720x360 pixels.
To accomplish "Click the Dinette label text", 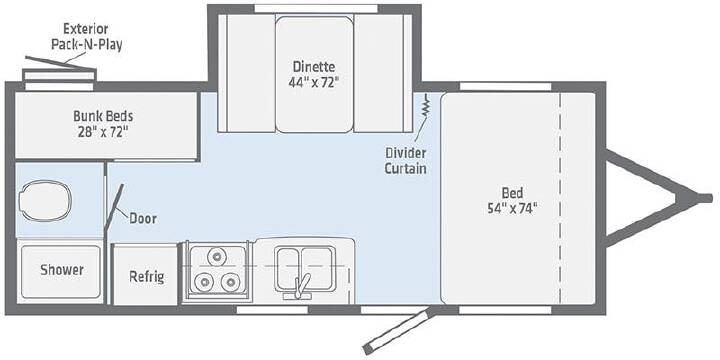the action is click(x=314, y=67).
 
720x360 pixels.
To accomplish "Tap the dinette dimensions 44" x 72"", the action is click(x=314, y=83).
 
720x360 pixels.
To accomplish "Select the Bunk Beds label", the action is click(x=103, y=116).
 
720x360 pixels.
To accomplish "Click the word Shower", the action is click(x=62, y=270).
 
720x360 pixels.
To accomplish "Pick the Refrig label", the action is click(x=146, y=277).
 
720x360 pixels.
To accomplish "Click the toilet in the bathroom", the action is click(x=45, y=201).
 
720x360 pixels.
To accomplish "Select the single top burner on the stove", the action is click(x=216, y=257).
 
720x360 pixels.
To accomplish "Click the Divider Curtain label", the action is click(x=405, y=161).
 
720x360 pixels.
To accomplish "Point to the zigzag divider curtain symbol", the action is click(x=426, y=106).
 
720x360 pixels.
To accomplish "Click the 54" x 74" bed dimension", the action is click(x=512, y=208).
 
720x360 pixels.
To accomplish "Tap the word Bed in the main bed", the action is click(x=512, y=192).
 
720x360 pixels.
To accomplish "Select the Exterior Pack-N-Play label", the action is click(x=87, y=37).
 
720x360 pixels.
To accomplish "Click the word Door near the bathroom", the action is click(x=142, y=219).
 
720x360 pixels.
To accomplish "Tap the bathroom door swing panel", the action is click(x=114, y=207).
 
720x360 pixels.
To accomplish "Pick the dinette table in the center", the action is click(x=315, y=74).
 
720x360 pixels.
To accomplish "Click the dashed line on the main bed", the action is click(x=560, y=198).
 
